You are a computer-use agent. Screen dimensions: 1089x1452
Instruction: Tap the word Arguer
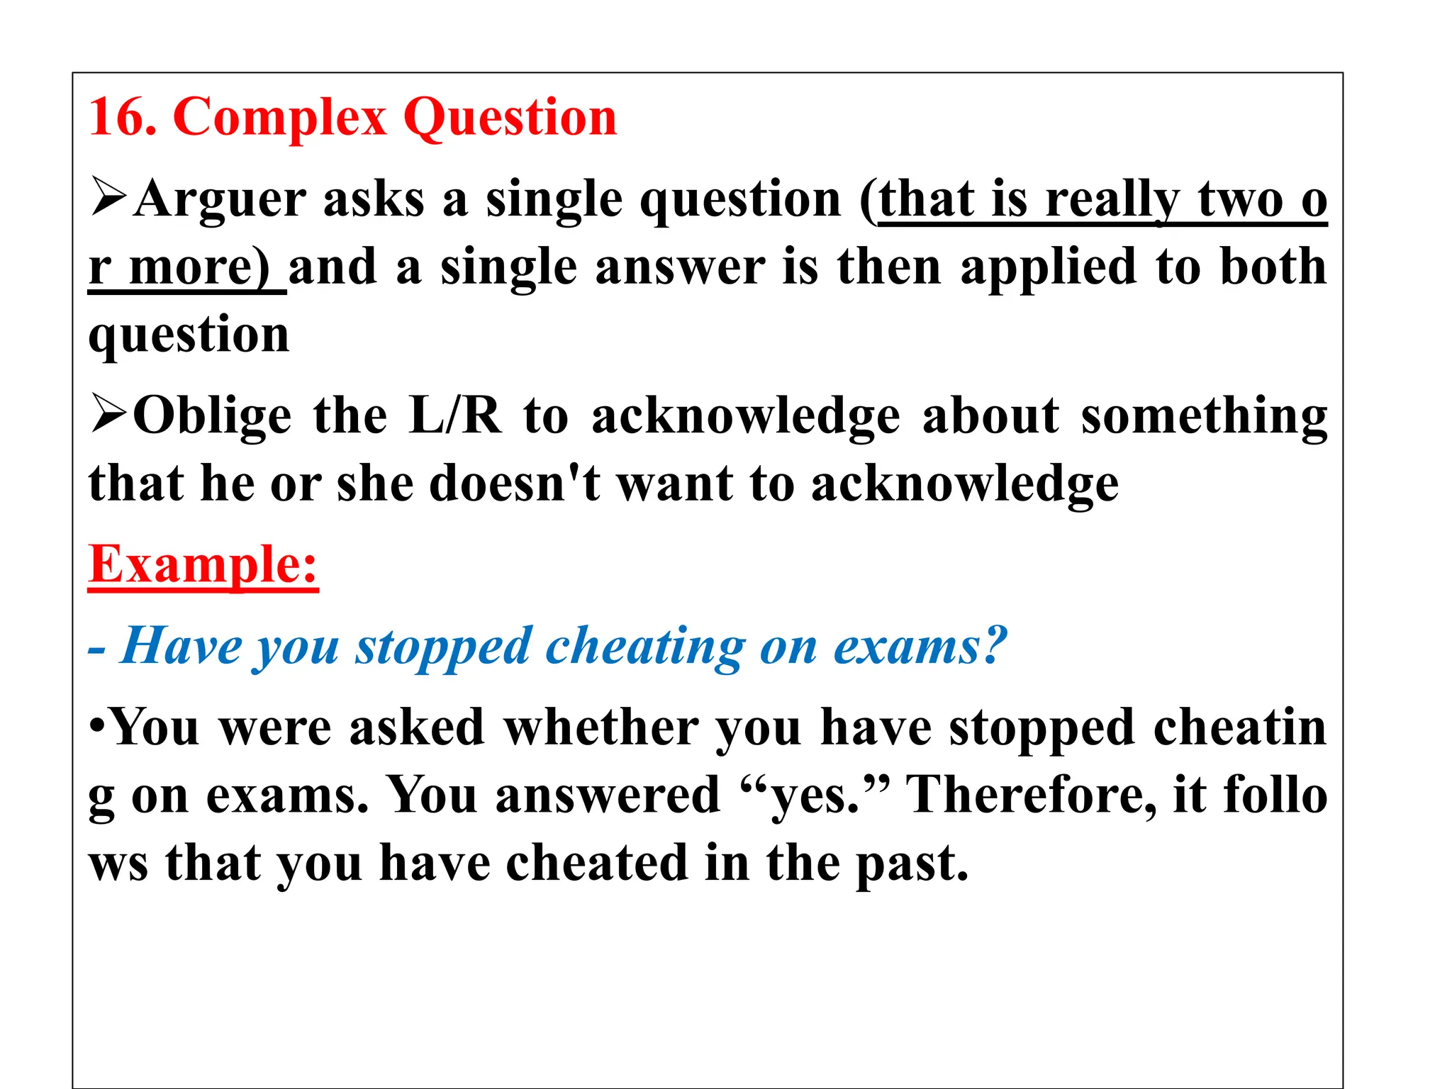click(220, 201)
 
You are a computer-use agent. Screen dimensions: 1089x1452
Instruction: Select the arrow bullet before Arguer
click(108, 198)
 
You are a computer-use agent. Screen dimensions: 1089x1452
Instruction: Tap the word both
click(1273, 267)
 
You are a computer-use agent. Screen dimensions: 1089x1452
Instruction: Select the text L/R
click(454, 415)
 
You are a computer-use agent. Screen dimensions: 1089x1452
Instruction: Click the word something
click(1203, 417)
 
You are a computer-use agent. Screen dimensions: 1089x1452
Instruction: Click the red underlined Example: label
click(203, 565)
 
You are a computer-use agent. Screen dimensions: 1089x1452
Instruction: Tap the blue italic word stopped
click(442, 647)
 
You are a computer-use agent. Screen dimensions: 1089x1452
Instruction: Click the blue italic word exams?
click(920, 646)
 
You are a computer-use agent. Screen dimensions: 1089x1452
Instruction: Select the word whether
click(601, 728)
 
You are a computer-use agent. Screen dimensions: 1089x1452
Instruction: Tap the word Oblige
click(212, 417)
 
